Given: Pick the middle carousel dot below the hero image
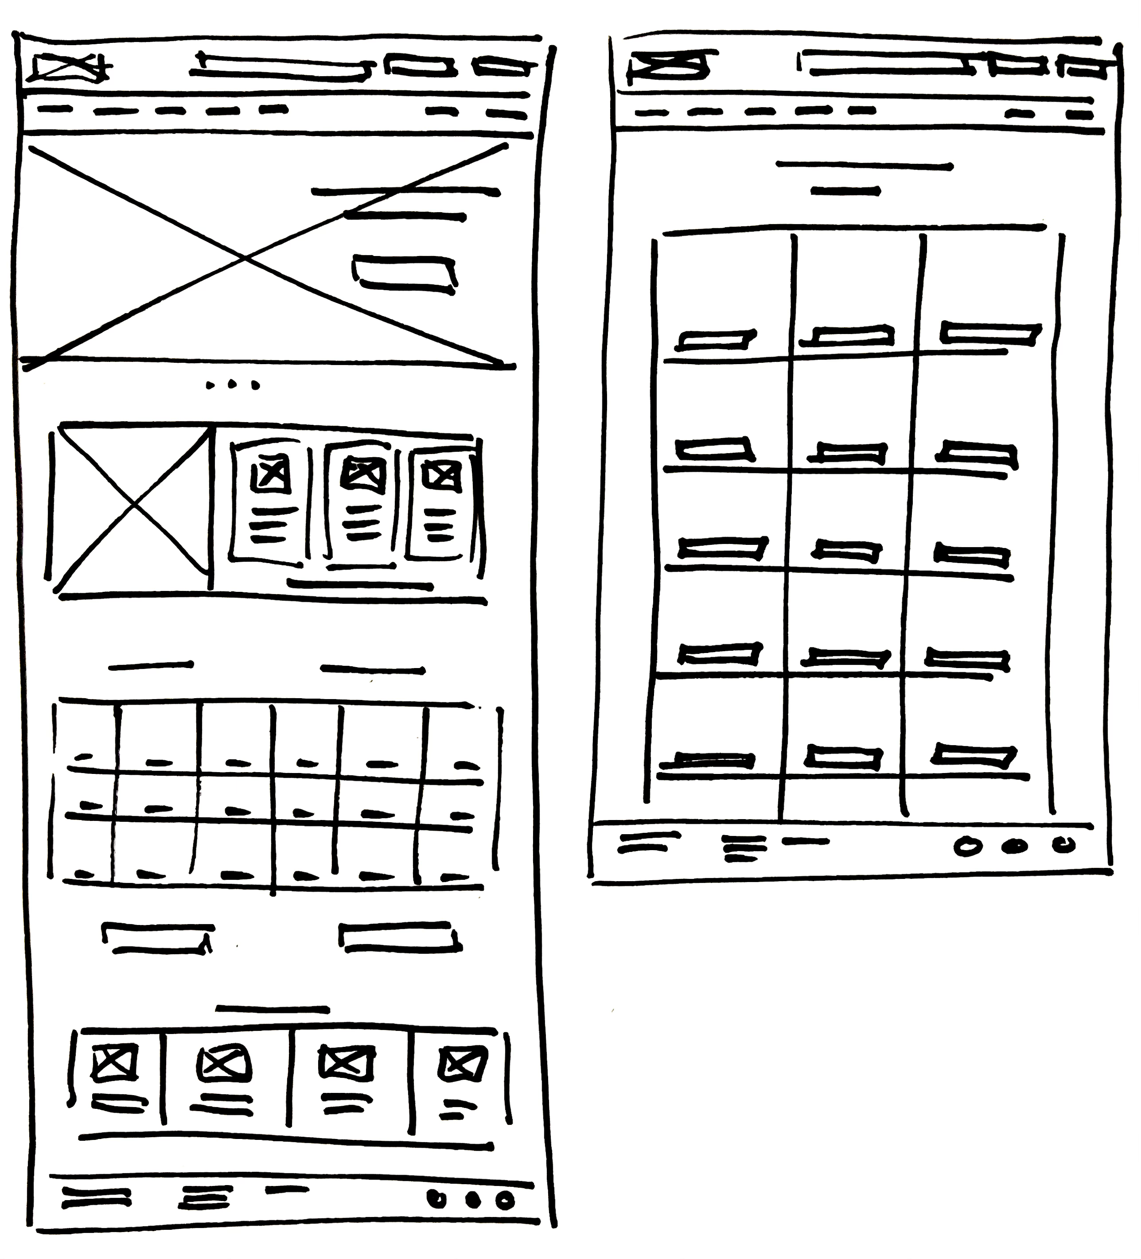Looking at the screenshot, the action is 232,385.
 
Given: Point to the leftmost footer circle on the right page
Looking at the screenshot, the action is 968,847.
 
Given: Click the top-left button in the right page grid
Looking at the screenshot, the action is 717,340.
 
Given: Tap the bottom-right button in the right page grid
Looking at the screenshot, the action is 973,756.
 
